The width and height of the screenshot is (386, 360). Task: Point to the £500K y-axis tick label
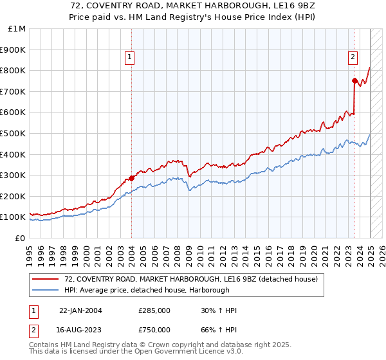click(x=14, y=133)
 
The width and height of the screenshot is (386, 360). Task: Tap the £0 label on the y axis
click(x=21, y=238)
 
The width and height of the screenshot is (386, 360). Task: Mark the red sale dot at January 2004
click(x=131, y=178)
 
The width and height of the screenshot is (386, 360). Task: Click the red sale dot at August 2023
click(x=354, y=80)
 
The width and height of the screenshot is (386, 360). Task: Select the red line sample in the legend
click(x=46, y=280)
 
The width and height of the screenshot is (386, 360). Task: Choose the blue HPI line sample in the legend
click(x=46, y=291)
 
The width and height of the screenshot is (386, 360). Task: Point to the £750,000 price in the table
click(x=154, y=329)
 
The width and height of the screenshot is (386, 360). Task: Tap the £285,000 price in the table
click(x=154, y=310)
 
